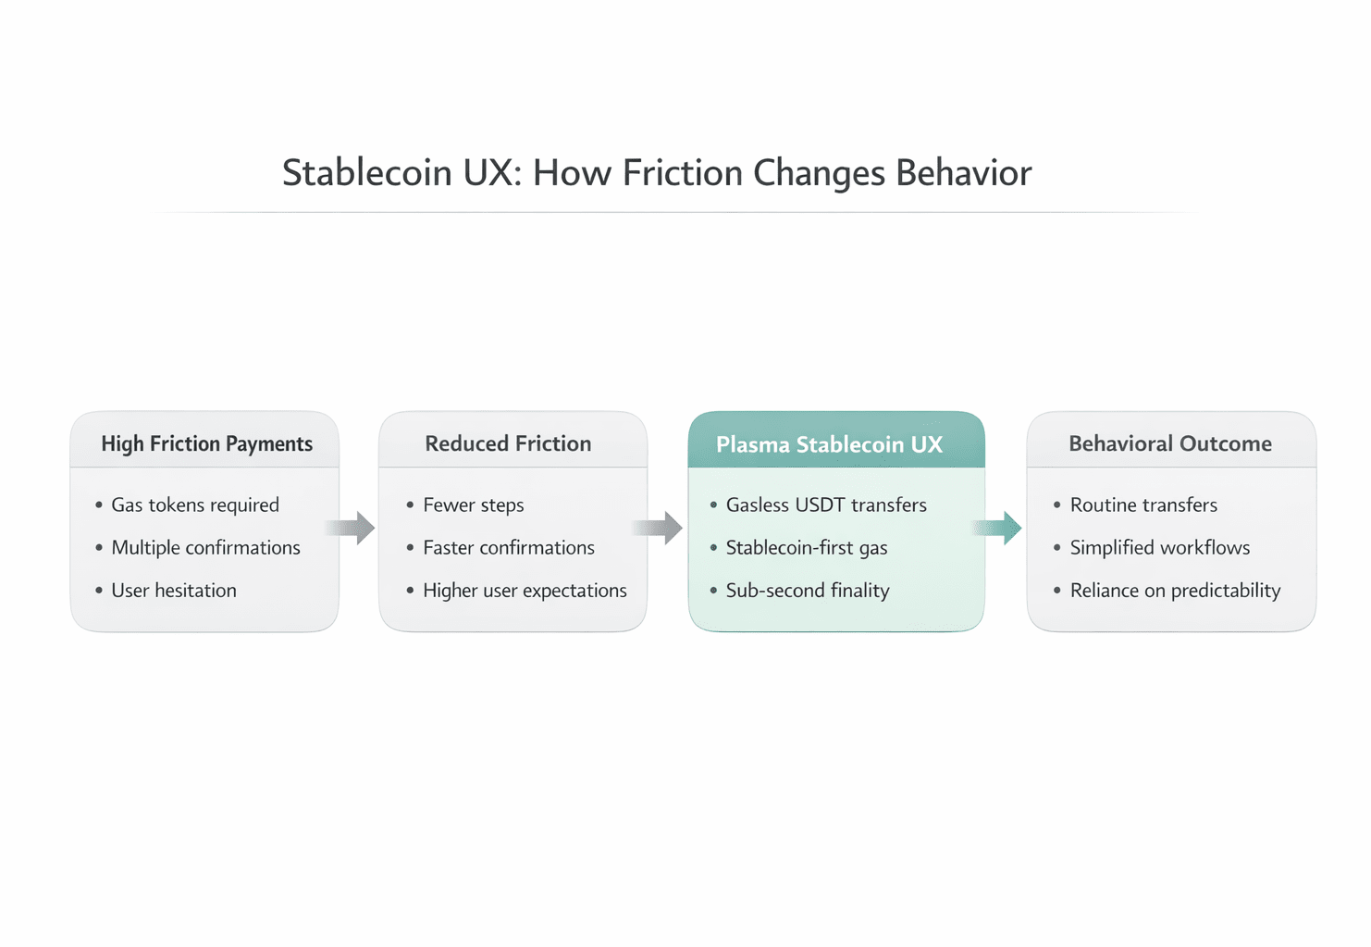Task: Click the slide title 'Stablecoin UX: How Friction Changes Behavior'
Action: pyautogui.click(x=657, y=173)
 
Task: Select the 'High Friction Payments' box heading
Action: pyautogui.click(x=207, y=443)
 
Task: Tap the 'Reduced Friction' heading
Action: pyautogui.click(x=508, y=443)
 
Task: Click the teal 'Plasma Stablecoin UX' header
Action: pyautogui.click(x=829, y=444)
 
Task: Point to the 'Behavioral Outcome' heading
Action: pyautogui.click(x=1170, y=443)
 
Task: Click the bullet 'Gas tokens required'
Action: pyautogui.click(x=194, y=505)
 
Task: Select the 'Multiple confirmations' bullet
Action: pyautogui.click(x=205, y=548)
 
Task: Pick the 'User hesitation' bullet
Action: pyautogui.click(x=174, y=591)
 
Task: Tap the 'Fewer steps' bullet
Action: pyautogui.click(x=473, y=505)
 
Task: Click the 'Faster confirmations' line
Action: pyautogui.click(x=509, y=548)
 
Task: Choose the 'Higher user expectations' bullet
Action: pyautogui.click(x=525, y=591)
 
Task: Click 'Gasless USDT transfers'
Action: pyautogui.click(x=826, y=505)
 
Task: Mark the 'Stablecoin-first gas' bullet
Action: pyautogui.click(x=807, y=548)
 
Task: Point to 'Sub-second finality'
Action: pyautogui.click(x=808, y=591)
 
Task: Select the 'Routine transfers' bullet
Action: pyautogui.click(x=1143, y=505)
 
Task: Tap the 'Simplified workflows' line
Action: pyautogui.click(x=1160, y=548)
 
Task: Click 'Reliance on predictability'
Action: pyautogui.click(x=1175, y=591)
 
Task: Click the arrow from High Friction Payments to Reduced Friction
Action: pyautogui.click(x=350, y=528)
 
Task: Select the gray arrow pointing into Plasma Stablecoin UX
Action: pyautogui.click(x=658, y=528)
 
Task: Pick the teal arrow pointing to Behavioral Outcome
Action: pyautogui.click(x=996, y=528)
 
